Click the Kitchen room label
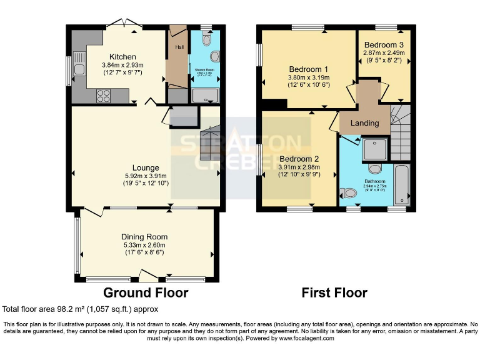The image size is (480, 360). (122, 57)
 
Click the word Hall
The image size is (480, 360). (179, 47)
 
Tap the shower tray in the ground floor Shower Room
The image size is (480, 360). (205, 96)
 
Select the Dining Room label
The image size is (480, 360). (144, 237)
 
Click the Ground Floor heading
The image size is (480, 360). (145, 292)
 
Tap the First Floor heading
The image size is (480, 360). (334, 292)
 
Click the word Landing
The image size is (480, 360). (364, 123)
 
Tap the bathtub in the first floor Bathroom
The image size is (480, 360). (402, 184)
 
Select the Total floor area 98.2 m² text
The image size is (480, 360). (81, 309)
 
